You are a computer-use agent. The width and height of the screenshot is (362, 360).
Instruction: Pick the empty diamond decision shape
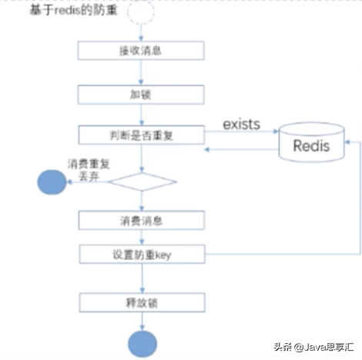click(142, 182)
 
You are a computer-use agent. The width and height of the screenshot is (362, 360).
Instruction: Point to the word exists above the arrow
click(242, 123)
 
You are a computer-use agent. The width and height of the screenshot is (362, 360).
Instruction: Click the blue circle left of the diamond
click(55, 182)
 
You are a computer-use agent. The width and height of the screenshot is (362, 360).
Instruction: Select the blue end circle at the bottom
click(142, 342)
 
